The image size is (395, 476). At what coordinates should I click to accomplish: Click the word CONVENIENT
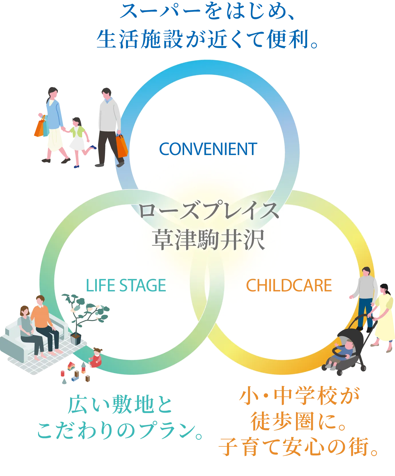pos(208,149)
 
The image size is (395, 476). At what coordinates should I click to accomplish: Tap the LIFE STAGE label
pos(126,285)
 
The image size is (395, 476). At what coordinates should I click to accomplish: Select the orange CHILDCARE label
pos(289,285)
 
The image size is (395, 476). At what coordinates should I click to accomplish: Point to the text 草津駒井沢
pos(208,240)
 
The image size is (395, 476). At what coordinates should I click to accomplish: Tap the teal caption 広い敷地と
pos(120,405)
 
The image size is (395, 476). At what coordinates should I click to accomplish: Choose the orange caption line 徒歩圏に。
pos(298,421)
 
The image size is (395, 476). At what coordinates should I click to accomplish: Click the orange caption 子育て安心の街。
pos(298,446)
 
